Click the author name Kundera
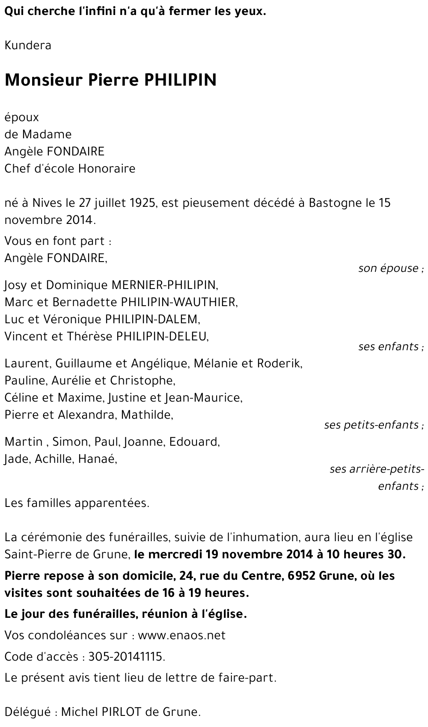[x=28, y=45]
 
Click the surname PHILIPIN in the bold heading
[x=181, y=80]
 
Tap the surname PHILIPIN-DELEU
[x=161, y=336]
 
